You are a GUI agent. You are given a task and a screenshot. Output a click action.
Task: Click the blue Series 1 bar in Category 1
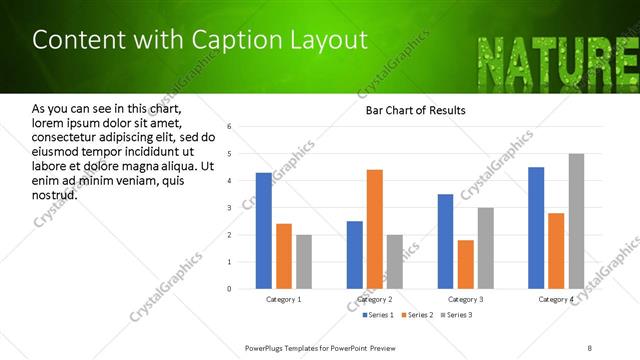(x=264, y=231)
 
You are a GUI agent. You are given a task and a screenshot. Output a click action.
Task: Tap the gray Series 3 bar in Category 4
(x=577, y=221)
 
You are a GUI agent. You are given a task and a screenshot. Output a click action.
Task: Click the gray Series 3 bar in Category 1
(x=304, y=262)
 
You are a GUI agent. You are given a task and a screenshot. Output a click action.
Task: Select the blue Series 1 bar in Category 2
(x=355, y=255)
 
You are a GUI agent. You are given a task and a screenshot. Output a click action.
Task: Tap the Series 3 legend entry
(x=458, y=315)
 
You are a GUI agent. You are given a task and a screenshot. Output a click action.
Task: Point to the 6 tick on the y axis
(x=229, y=127)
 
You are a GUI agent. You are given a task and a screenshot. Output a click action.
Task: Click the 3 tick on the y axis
(x=229, y=208)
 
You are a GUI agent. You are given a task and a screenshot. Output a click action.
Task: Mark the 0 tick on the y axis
(x=229, y=289)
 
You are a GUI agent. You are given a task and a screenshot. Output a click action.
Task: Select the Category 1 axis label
(x=284, y=299)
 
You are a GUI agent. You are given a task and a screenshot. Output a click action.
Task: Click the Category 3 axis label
(x=466, y=299)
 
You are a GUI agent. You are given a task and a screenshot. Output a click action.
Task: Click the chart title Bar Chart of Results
(x=416, y=110)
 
